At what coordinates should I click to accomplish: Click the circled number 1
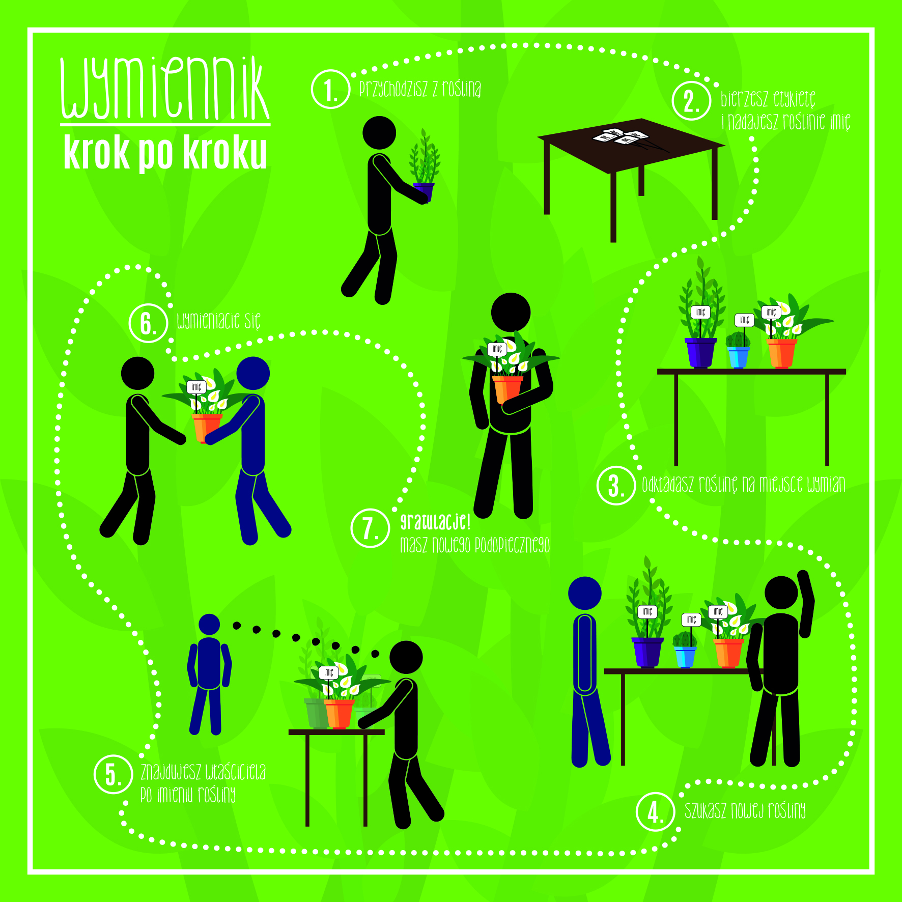(331, 89)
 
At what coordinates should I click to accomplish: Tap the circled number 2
(691, 101)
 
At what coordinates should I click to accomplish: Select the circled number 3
(616, 485)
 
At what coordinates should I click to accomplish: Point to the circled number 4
(656, 811)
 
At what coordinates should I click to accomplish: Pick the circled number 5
(114, 774)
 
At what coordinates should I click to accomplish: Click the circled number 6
(148, 323)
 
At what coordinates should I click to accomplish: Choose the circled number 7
(371, 528)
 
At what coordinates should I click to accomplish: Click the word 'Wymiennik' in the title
(165, 88)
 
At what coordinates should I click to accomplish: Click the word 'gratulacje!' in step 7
(435, 522)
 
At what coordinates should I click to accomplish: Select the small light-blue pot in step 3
(739, 357)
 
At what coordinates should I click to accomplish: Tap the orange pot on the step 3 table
(781, 353)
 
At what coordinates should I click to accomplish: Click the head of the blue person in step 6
(253, 373)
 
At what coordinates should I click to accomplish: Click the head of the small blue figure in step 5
(209, 625)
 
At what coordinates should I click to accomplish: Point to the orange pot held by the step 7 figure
(507, 389)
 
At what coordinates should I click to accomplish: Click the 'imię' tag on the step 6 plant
(196, 387)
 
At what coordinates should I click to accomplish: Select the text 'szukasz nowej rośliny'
(745, 811)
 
